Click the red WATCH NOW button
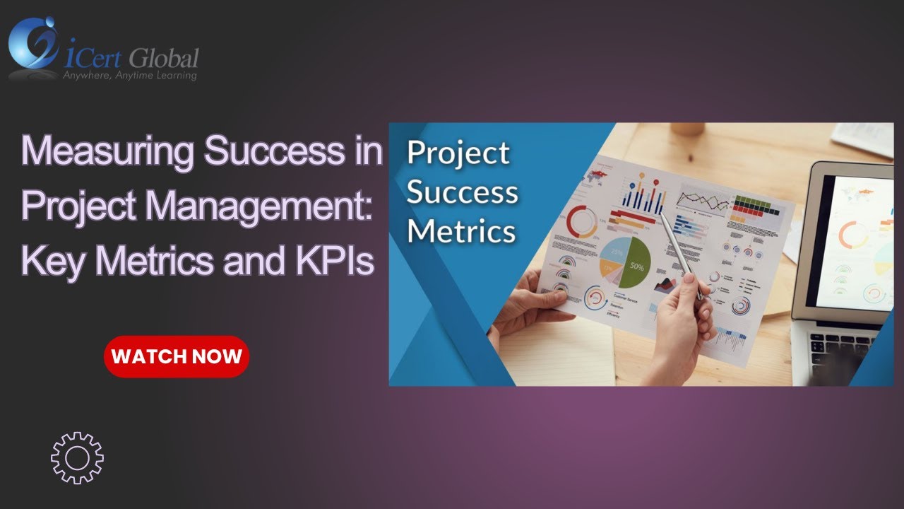[x=177, y=356]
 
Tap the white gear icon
[x=77, y=458]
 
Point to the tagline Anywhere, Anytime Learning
[x=130, y=75]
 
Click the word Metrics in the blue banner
[x=461, y=230]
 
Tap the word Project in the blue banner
[x=458, y=153]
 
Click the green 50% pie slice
[x=635, y=264]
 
